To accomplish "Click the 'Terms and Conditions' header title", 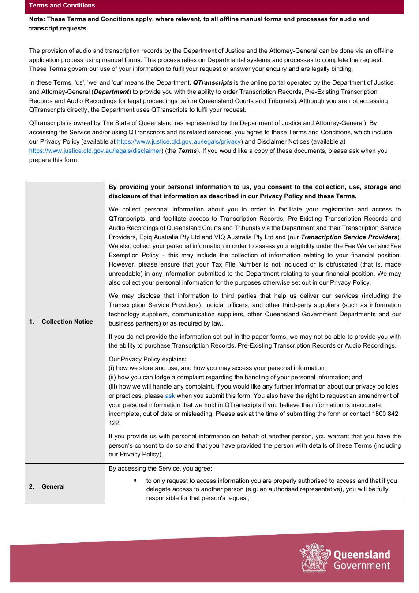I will [62, 6].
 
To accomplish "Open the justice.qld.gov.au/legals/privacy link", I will [179, 141].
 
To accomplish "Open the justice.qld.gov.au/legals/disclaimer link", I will [95, 151].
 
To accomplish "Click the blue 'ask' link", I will [170, 396].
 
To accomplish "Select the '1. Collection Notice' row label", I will [61, 322].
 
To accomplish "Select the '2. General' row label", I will [47, 486].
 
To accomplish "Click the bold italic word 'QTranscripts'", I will [213, 82].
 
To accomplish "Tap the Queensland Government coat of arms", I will [315, 557].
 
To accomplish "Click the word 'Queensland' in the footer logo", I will [362, 554].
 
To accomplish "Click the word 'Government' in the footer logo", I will [362, 566].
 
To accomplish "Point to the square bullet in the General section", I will [135, 481].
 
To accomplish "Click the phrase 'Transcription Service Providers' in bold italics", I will [349, 237].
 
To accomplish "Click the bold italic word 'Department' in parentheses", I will [112, 92].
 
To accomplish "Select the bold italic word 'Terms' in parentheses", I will [187, 151].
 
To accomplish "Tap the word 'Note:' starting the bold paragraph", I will [37, 19].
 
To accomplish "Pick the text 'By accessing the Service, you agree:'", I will [160, 468].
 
